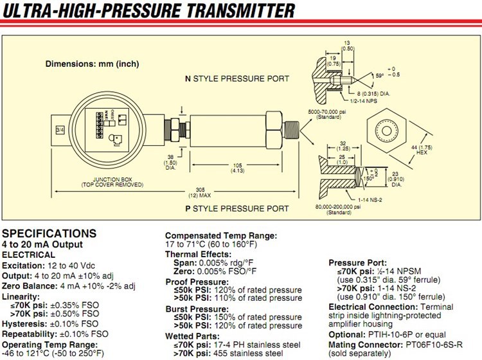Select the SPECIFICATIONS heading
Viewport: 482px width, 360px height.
[x=49, y=233]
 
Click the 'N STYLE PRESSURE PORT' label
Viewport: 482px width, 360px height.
[x=237, y=79]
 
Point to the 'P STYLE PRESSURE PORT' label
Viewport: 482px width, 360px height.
[x=237, y=208]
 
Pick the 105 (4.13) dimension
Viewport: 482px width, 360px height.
[x=237, y=168]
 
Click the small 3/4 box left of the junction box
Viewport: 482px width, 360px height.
[x=60, y=130]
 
